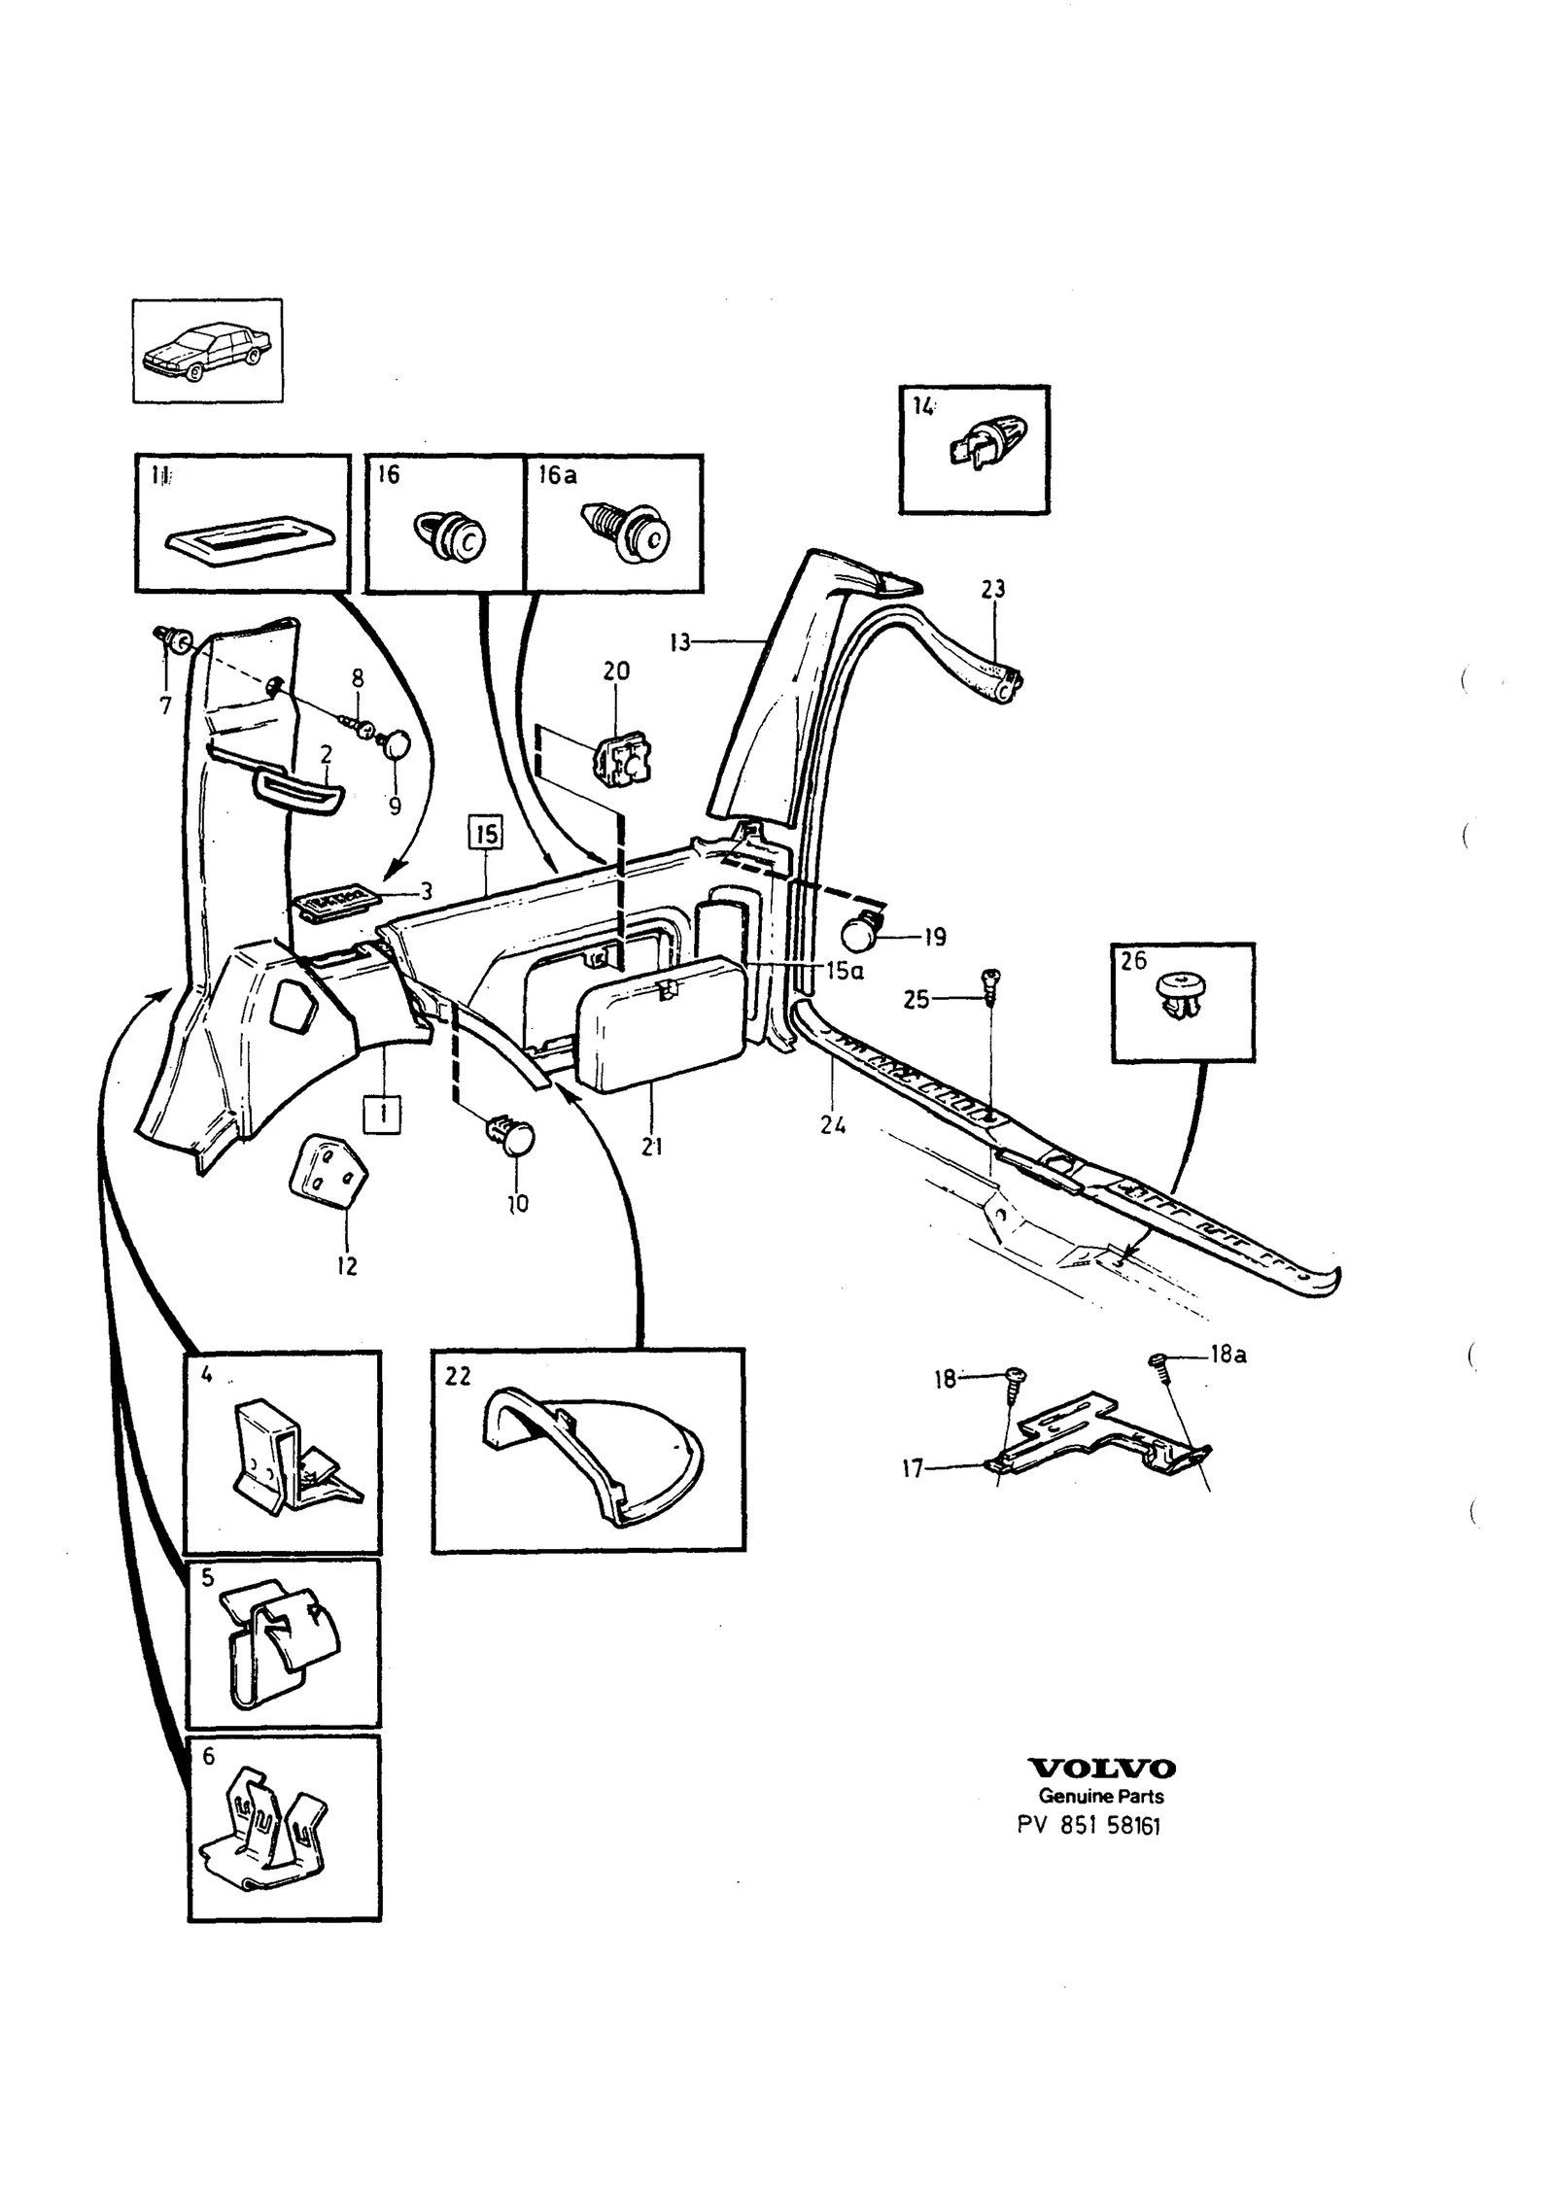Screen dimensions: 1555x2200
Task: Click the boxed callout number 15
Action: pyautogui.click(x=486, y=834)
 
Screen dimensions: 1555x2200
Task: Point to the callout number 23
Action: pyautogui.click(x=992, y=589)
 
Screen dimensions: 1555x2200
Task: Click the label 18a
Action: pyautogui.click(x=1228, y=1355)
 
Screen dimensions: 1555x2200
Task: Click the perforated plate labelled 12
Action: pyautogui.click(x=328, y=1171)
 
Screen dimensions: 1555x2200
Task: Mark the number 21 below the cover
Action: pyautogui.click(x=652, y=1147)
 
